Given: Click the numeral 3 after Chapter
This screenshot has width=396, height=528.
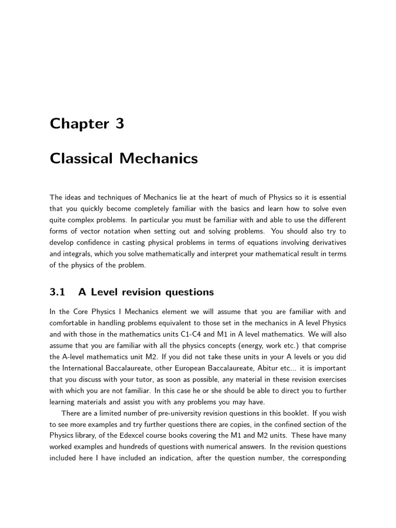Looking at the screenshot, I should click(x=120, y=124).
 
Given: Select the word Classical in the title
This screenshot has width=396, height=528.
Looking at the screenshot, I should click(x=81, y=159).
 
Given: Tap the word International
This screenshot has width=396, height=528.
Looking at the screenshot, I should click(x=88, y=368).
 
